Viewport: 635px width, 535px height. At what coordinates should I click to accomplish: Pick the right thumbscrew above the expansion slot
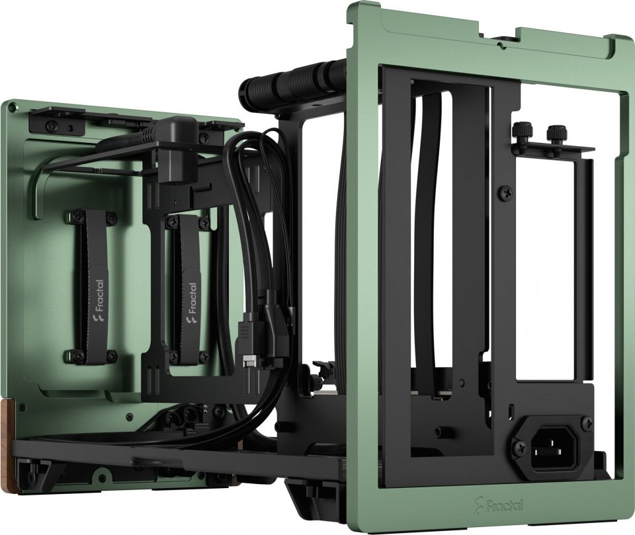(x=554, y=133)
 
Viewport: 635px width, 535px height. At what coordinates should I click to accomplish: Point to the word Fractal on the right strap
(x=192, y=298)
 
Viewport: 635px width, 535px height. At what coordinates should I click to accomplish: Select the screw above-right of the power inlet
(x=587, y=422)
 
